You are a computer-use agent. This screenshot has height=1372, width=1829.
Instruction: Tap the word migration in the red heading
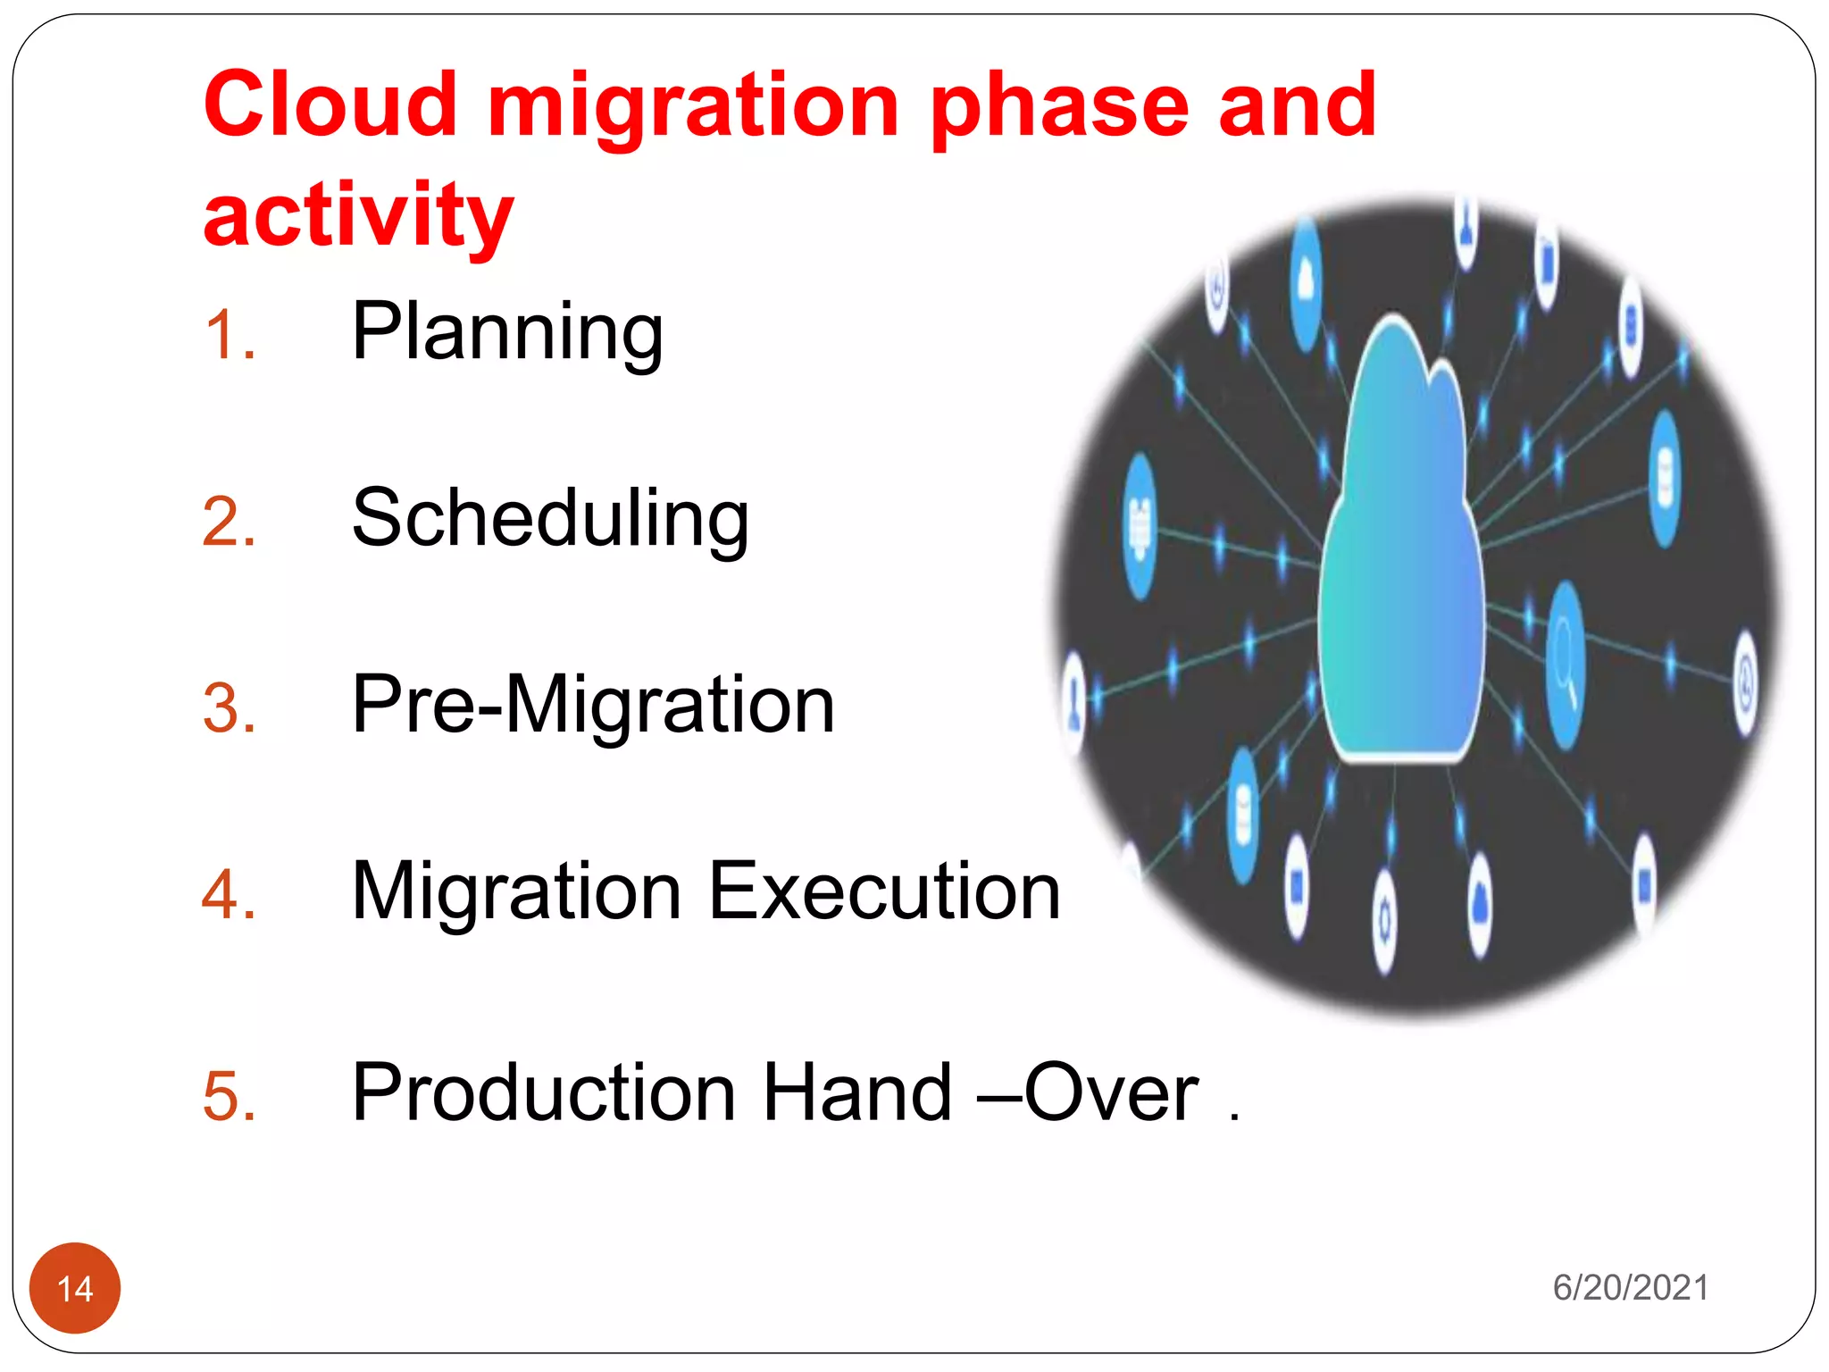tap(693, 107)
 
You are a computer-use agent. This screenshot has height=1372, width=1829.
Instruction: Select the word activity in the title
tap(358, 215)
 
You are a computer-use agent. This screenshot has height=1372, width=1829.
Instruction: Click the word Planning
tap(507, 331)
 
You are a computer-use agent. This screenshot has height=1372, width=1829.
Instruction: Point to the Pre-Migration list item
tap(593, 705)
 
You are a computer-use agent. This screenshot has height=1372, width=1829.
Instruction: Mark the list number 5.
tap(230, 1097)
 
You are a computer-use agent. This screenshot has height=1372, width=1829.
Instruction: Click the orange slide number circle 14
tap(75, 1288)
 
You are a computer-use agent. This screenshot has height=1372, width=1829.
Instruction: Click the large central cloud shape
tap(1400, 572)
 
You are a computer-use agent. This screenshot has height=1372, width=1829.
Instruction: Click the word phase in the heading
tap(1059, 107)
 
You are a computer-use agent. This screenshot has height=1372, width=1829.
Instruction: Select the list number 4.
tap(230, 896)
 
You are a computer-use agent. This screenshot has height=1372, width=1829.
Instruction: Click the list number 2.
tap(230, 523)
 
